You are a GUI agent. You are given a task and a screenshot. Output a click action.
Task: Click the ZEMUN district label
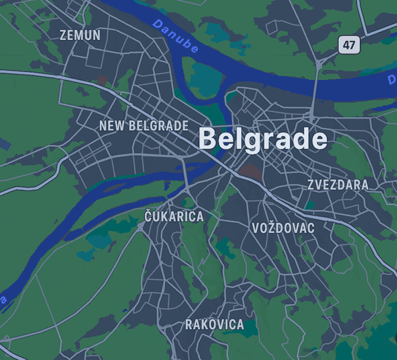[80, 35]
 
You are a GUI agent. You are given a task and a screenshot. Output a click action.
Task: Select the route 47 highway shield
[349, 45]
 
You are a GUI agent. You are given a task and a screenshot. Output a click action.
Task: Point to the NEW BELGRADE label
[144, 126]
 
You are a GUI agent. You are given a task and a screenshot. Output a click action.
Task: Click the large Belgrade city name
[262, 139]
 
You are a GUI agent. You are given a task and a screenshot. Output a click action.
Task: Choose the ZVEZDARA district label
[338, 185]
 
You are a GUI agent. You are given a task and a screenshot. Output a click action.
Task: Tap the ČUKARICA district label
[174, 216]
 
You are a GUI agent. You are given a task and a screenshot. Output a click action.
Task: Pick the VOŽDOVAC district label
[283, 228]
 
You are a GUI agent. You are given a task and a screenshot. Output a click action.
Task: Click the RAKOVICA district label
[214, 324]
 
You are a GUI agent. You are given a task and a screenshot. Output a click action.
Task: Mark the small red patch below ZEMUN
[102, 80]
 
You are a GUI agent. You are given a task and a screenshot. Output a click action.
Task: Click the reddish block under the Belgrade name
[250, 170]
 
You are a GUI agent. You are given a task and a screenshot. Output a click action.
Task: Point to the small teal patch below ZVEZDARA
[309, 205]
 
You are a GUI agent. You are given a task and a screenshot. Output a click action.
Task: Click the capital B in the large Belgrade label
[208, 139]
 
